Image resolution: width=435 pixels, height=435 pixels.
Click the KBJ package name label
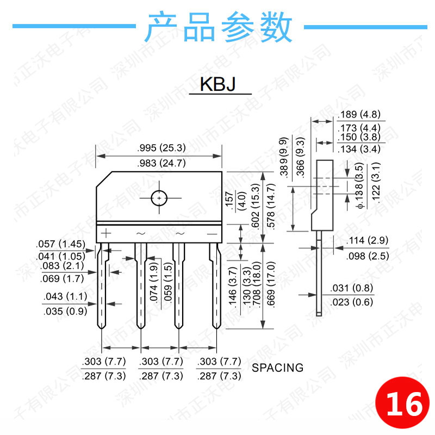coord(218,85)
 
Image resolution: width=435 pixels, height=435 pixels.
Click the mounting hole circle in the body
coord(159,198)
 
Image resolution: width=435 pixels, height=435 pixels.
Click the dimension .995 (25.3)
coord(159,147)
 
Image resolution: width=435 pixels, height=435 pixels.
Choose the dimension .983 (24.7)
coord(159,162)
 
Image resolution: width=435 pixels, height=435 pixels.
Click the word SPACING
coord(277,368)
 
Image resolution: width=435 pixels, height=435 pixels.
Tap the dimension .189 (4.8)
coord(359,115)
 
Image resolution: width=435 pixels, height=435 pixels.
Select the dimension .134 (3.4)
coord(359,149)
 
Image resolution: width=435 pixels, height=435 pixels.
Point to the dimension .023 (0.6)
coord(351,302)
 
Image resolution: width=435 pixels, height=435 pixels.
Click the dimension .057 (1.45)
coord(60,244)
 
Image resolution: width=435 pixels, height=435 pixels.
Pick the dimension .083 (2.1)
coord(62,266)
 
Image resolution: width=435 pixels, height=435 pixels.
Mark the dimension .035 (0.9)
coord(65,311)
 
